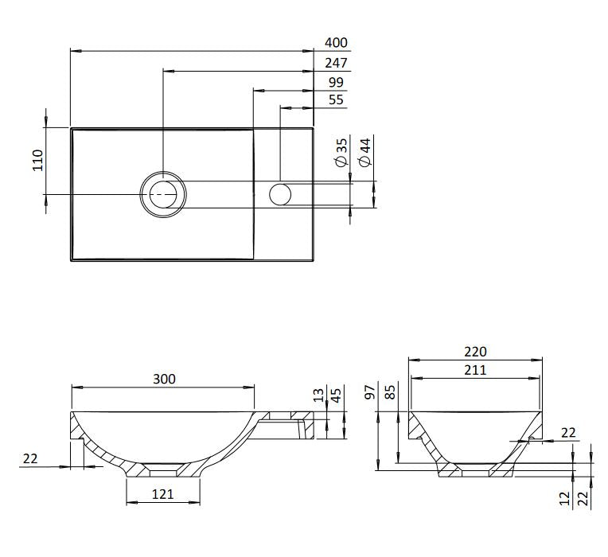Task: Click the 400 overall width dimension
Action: (x=337, y=43)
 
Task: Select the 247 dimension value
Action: (x=337, y=63)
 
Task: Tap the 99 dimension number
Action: (x=337, y=83)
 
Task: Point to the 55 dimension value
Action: (x=337, y=100)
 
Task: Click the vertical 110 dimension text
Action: (x=37, y=160)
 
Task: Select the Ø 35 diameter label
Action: (x=342, y=152)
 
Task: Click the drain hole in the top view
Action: (x=162, y=193)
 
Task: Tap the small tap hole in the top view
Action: (x=280, y=193)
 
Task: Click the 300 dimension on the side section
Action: (x=164, y=379)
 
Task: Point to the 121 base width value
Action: (x=162, y=495)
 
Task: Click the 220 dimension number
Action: (x=476, y=352)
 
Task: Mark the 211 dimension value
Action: (x=476, y=369)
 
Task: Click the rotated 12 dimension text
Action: (x=565, y=498)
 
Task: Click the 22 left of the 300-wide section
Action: (x=30, y=458)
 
